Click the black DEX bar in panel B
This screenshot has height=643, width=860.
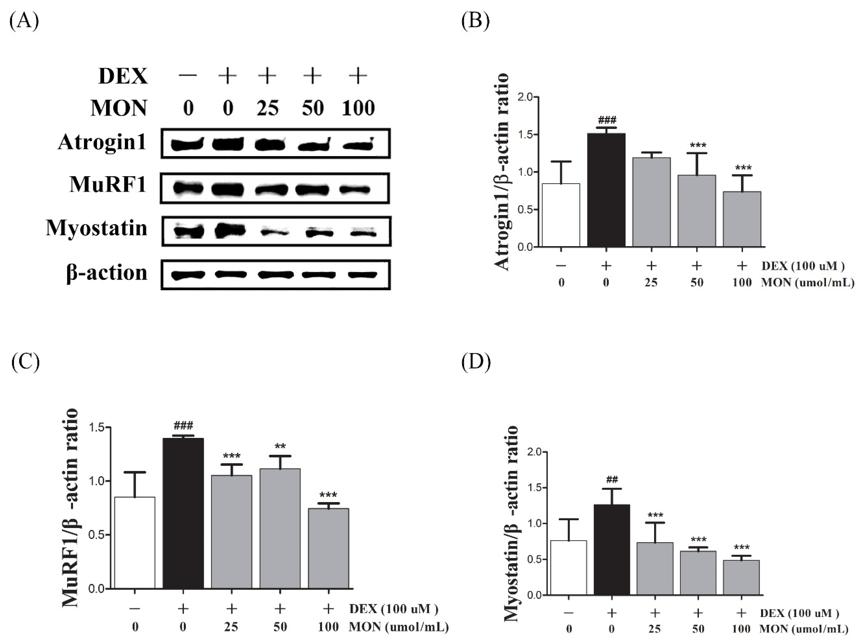point(606,190)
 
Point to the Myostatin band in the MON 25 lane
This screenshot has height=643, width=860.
point(274,233)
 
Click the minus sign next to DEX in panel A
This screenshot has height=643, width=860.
point(188,75)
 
